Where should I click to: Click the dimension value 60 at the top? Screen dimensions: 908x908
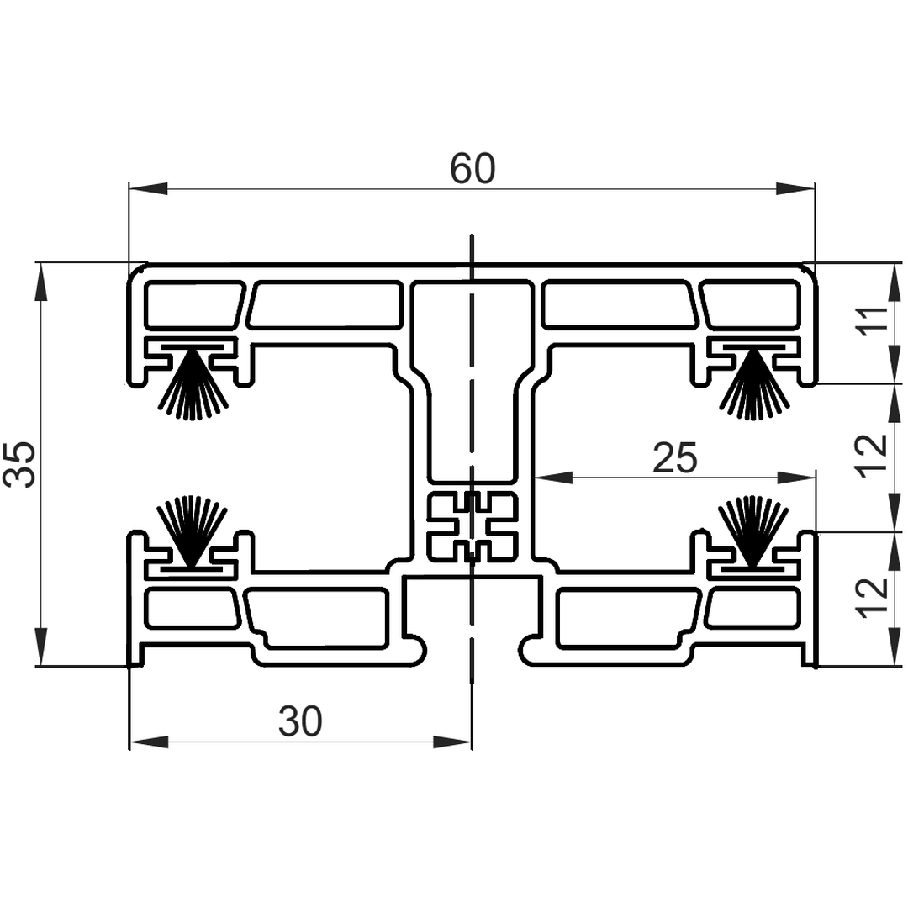472,168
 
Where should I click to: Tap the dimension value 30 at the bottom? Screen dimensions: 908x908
300,721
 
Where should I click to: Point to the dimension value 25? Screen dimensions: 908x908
674,457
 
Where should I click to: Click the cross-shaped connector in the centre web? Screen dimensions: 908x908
472,526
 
